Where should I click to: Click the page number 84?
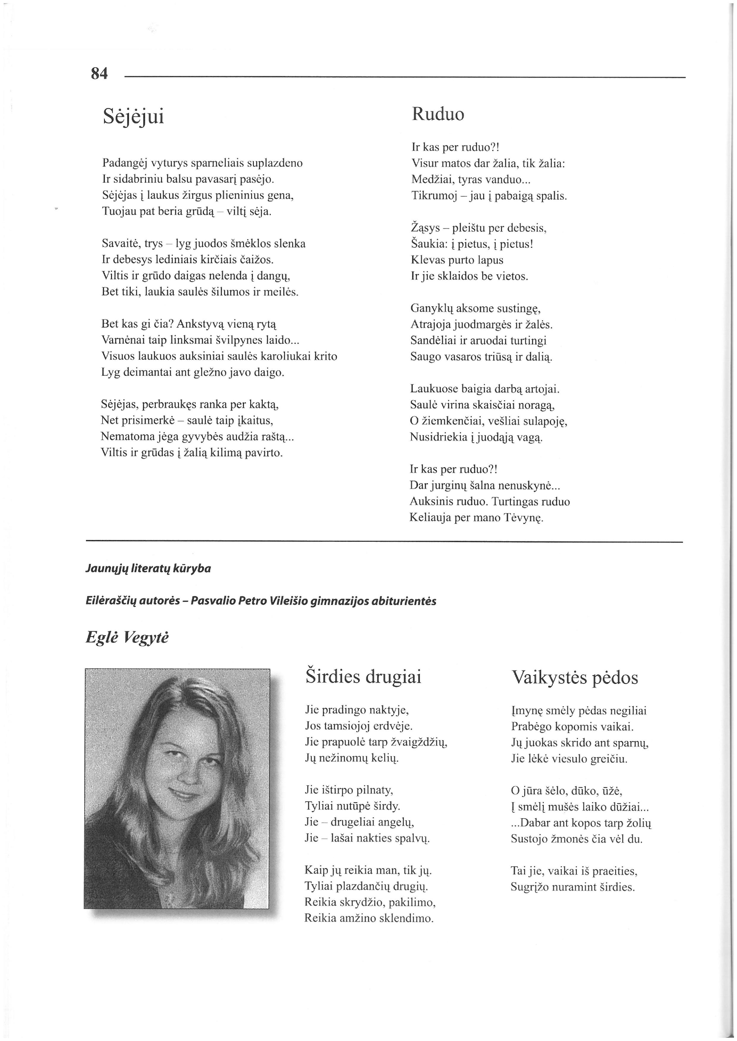tap(99, 73)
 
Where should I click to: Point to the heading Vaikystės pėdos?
tap(574, 678)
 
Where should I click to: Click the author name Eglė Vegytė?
tap(127, 637)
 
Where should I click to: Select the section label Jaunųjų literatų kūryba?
tap(148, 568)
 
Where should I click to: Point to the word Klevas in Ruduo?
tap(426, 260)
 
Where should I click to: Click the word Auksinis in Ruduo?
tap(429, 502)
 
